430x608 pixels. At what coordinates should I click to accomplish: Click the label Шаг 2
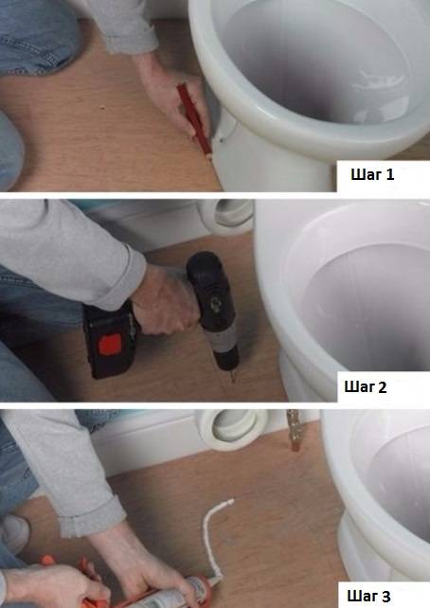(x=377, y=386)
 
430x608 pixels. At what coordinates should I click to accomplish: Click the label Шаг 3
(x=377, y=594)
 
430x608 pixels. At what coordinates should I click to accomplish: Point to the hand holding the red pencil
(x=175, y=95)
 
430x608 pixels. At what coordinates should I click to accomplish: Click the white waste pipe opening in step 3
(x=227, y=425)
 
